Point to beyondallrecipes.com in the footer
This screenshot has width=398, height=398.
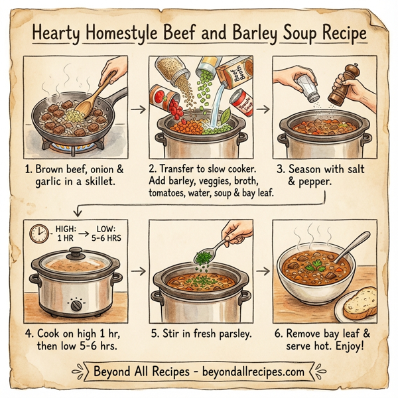point(246,369)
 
